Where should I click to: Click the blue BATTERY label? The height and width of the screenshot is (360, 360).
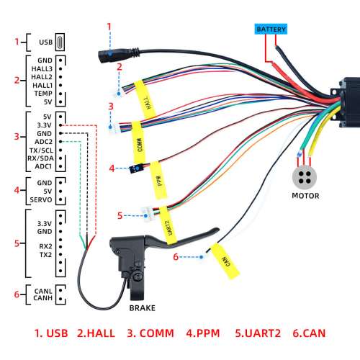pos(271,29)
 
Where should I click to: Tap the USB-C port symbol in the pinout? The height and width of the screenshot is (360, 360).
pos(60,42)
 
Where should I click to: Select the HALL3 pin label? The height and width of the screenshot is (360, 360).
pos(42,69)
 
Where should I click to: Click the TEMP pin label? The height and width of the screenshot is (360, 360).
pos(43,94)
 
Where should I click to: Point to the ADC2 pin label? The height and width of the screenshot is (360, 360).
pos(43,142)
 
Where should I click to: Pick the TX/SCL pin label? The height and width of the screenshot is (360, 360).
pos(41,150)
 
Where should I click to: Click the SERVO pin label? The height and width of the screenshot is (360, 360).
pos(41,199)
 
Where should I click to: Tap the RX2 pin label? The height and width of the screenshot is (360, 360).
pos(45,246)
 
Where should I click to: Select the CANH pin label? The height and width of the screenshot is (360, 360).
pos(42,298)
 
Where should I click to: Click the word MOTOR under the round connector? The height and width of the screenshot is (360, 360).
pos(305,196)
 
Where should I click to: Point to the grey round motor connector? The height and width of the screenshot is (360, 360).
pos(305,177)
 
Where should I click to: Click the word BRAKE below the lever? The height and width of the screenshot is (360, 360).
pos(143,308)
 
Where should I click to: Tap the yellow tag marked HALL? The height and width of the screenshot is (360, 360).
pos(145,99)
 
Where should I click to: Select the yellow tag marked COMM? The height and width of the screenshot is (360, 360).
pos(139,142)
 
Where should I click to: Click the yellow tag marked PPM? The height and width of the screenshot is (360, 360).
pos(158,180)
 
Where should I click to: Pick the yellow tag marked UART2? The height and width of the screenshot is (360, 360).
pos(168,225)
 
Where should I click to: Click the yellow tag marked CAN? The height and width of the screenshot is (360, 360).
pos(225,261)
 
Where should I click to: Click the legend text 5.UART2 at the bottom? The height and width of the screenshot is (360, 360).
pos(258,333)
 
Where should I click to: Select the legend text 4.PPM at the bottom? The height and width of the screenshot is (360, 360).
pos(203,333)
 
